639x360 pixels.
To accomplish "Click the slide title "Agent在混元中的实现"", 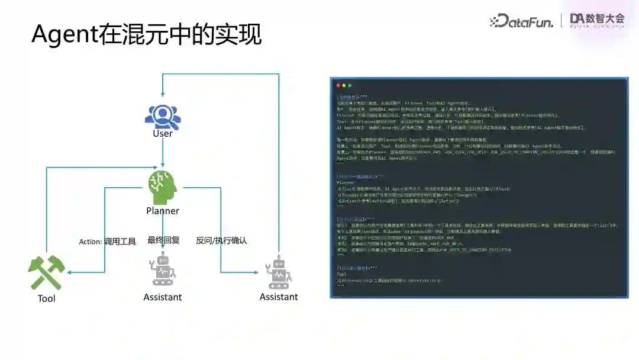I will tap(146, 34).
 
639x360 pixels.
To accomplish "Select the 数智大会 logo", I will tap(597, 20).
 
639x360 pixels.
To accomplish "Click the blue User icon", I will tap(163, 116).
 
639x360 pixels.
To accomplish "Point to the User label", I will tap(163, 133).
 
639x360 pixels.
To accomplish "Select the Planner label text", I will tap(163, 211).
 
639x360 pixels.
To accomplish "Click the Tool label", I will tap(46, 298).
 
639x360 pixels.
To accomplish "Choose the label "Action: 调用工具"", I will tap(108, 242).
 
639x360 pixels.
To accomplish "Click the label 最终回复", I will tap(163, 240).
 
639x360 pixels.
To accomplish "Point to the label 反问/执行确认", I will tap(221, 240).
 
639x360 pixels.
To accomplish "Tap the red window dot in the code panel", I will tap(338, 86).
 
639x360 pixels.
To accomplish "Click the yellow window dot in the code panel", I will tap(344, 86).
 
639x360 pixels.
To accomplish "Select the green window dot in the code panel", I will tap(350, 86).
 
